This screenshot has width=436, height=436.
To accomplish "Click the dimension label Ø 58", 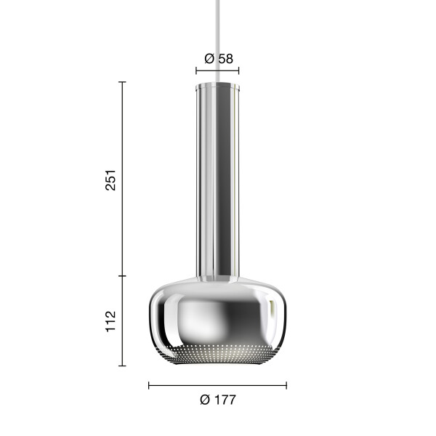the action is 219,59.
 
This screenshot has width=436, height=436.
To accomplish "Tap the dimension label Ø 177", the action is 218,400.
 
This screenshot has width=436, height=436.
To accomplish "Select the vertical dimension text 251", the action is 110,180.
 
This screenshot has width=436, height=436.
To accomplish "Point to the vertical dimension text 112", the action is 110,321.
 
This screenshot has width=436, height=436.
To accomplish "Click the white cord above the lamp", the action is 217,41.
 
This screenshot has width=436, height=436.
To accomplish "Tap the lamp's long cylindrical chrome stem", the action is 217,181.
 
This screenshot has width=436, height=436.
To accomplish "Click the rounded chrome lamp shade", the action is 217,320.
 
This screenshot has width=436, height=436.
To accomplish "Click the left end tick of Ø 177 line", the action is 149,386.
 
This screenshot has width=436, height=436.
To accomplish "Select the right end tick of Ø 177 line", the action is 286,386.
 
